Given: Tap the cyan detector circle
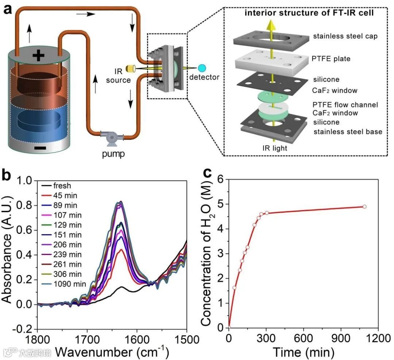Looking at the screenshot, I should pos(202,68).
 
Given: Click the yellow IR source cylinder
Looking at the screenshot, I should pos(130,68).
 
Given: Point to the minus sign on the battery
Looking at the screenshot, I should pos(41,148).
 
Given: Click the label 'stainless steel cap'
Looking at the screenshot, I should pos(345,36).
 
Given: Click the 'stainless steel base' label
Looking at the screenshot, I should pos(348,131).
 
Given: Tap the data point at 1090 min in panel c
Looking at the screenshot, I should pos(364,206).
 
